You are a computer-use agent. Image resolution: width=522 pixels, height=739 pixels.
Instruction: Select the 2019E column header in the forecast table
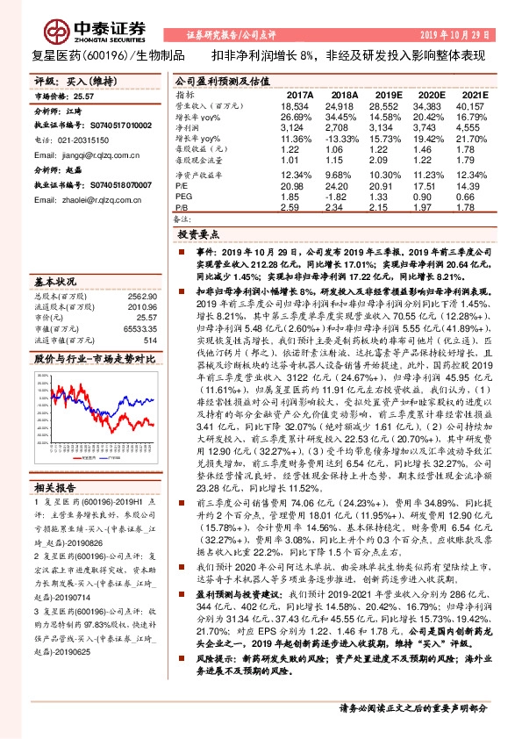pyautogui.click(x=387, y=94)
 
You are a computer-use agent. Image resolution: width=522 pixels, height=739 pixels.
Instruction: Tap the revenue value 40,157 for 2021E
pyautogui.click(x=474, y=104)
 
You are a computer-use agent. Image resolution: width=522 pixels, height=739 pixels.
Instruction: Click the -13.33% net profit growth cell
pyautogui.click(x=344, y=139)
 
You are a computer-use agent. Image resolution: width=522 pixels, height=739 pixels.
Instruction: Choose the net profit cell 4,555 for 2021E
pyautogui.click(x=474, y=127)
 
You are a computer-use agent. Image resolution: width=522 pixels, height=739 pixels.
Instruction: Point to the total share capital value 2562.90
pyautogui.click(x=142, y=298)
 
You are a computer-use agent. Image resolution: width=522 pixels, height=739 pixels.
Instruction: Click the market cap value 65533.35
pyautogui.click(x=140, y=328)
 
